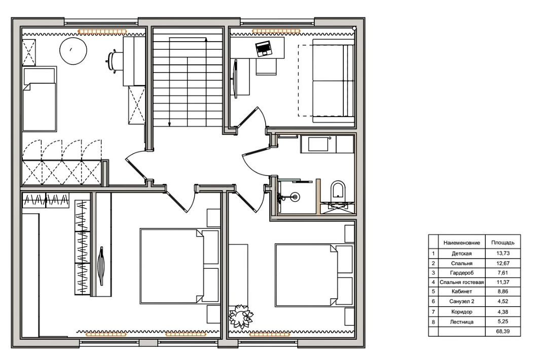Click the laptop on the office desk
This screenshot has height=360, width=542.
(264, 49)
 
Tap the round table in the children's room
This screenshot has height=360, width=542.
(74, 51)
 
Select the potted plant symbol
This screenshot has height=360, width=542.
(241, 316)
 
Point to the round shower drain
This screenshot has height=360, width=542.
(295, 197)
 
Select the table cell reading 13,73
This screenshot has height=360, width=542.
(503, 253)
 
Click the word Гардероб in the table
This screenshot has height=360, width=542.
(462, 272)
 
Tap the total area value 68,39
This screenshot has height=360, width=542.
(503, 331)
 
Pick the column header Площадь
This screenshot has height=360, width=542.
(503, 242)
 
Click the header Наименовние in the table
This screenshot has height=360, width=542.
(462, 243)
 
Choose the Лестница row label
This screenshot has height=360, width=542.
(462, 321)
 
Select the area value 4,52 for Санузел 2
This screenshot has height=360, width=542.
(503, 301)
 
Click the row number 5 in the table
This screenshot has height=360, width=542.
(433, 291)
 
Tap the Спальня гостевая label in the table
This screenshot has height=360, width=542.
(462, 282)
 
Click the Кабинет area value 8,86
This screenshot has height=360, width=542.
(503, 291)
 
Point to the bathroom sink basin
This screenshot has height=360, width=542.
(318, 144)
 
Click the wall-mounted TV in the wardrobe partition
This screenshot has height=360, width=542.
(101, 266)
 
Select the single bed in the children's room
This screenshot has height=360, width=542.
(40, 99)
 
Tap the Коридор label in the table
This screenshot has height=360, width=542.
(462, 312)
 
